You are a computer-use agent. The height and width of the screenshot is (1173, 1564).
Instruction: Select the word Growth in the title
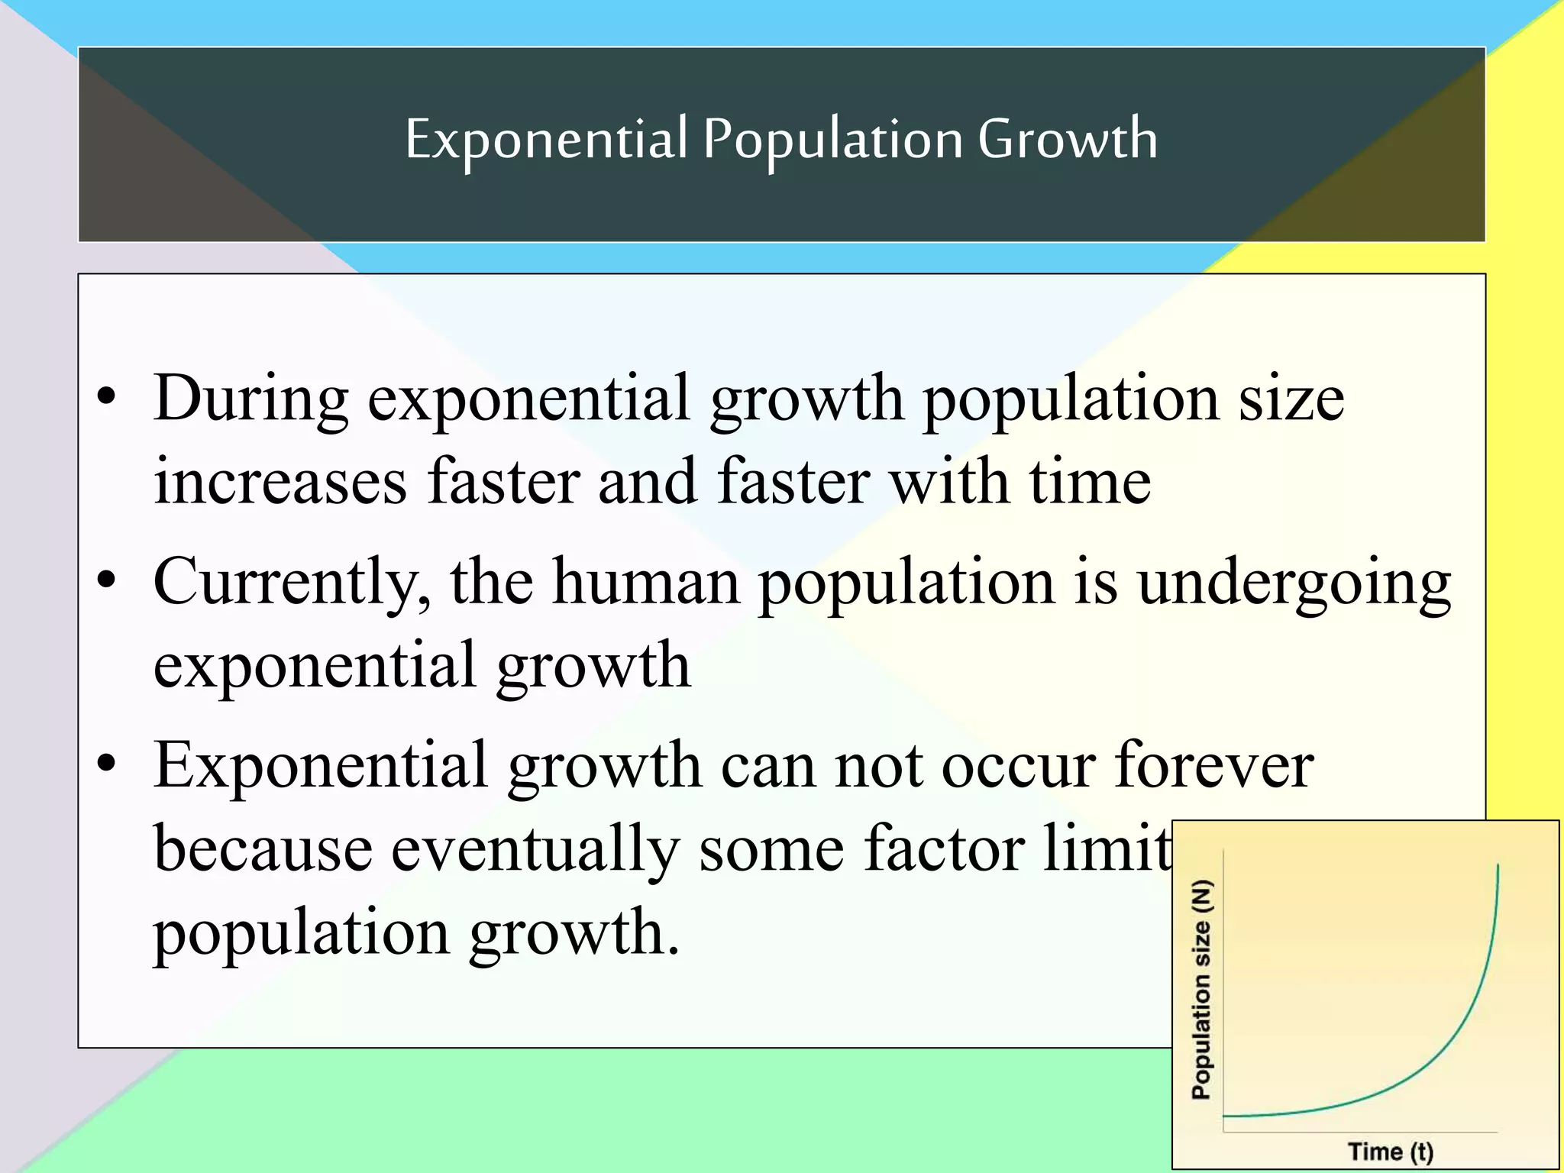tap(1067, 139)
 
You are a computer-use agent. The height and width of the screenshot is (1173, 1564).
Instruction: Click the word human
tap(646, 582)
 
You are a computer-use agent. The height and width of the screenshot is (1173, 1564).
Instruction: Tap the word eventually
tap(535, 851)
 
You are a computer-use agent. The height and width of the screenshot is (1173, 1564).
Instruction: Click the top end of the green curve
tap(1498, 865)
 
